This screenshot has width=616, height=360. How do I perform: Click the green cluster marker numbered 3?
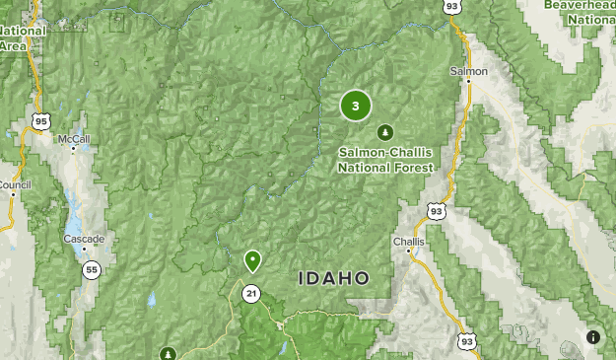tap(356, 106)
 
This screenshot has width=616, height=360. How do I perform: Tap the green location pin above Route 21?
tap(252, 260)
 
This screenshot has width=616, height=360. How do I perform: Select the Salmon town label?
tap(468, 72)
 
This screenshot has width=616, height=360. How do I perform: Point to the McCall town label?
tap(73, 140)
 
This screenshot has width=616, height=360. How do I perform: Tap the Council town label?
tap(15, 184)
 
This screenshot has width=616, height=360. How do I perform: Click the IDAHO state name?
tap(334, 279)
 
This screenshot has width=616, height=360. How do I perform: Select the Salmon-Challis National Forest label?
tap(385, 160)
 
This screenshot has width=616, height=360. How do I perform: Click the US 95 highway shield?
tap(40, 121)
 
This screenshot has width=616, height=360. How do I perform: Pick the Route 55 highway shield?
tap(91, 269)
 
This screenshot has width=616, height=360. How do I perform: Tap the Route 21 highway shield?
tap(252, 293)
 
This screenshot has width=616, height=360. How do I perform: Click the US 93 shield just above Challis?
tap(437, 209)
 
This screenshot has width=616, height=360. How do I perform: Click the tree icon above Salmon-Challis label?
tap(384, 132)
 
